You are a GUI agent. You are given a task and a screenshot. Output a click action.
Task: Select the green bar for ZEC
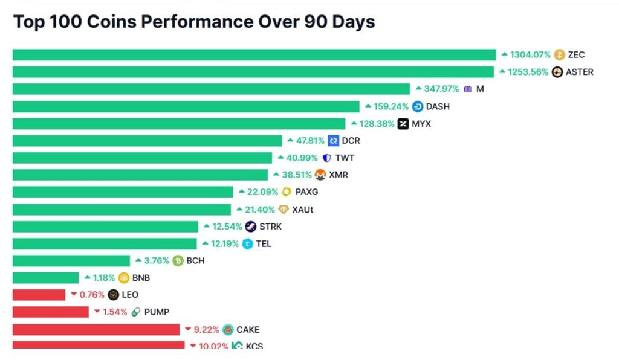(x=254, y=55)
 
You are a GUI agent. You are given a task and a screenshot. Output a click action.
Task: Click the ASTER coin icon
(x=557, y=72)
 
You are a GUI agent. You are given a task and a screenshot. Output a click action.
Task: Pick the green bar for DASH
(x=186, y=106)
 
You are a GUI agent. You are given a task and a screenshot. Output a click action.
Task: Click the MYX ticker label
(x=421, y=124)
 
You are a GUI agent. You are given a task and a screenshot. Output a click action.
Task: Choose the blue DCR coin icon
(x=334, y=141)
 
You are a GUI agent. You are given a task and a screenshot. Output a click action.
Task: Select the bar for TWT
(x=142, y=158)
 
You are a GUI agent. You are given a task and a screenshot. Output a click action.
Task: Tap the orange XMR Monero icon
(x=320, y=175)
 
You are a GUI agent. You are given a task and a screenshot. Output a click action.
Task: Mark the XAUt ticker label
(x=303, y=210)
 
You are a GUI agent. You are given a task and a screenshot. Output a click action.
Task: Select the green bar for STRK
(x=105, y=227)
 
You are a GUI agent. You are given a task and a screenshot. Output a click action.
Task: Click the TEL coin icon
(x=247, y=244)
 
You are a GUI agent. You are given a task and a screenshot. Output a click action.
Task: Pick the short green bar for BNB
(x=45, y=278)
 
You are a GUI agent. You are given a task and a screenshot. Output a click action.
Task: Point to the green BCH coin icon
(x=178, y=261)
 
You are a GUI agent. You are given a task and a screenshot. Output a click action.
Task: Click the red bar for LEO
(x=39, y=295)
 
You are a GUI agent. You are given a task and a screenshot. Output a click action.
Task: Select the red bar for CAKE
(x=96, y=329)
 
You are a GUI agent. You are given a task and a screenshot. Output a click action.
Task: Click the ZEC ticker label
(x=576, y=55)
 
